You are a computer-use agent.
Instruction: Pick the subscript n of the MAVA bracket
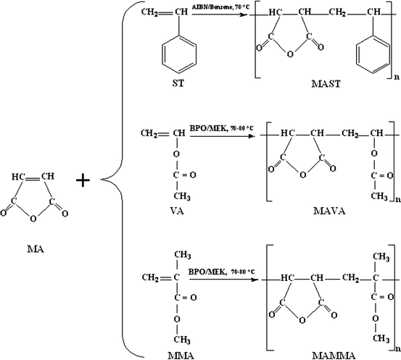[x=394, y=197]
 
